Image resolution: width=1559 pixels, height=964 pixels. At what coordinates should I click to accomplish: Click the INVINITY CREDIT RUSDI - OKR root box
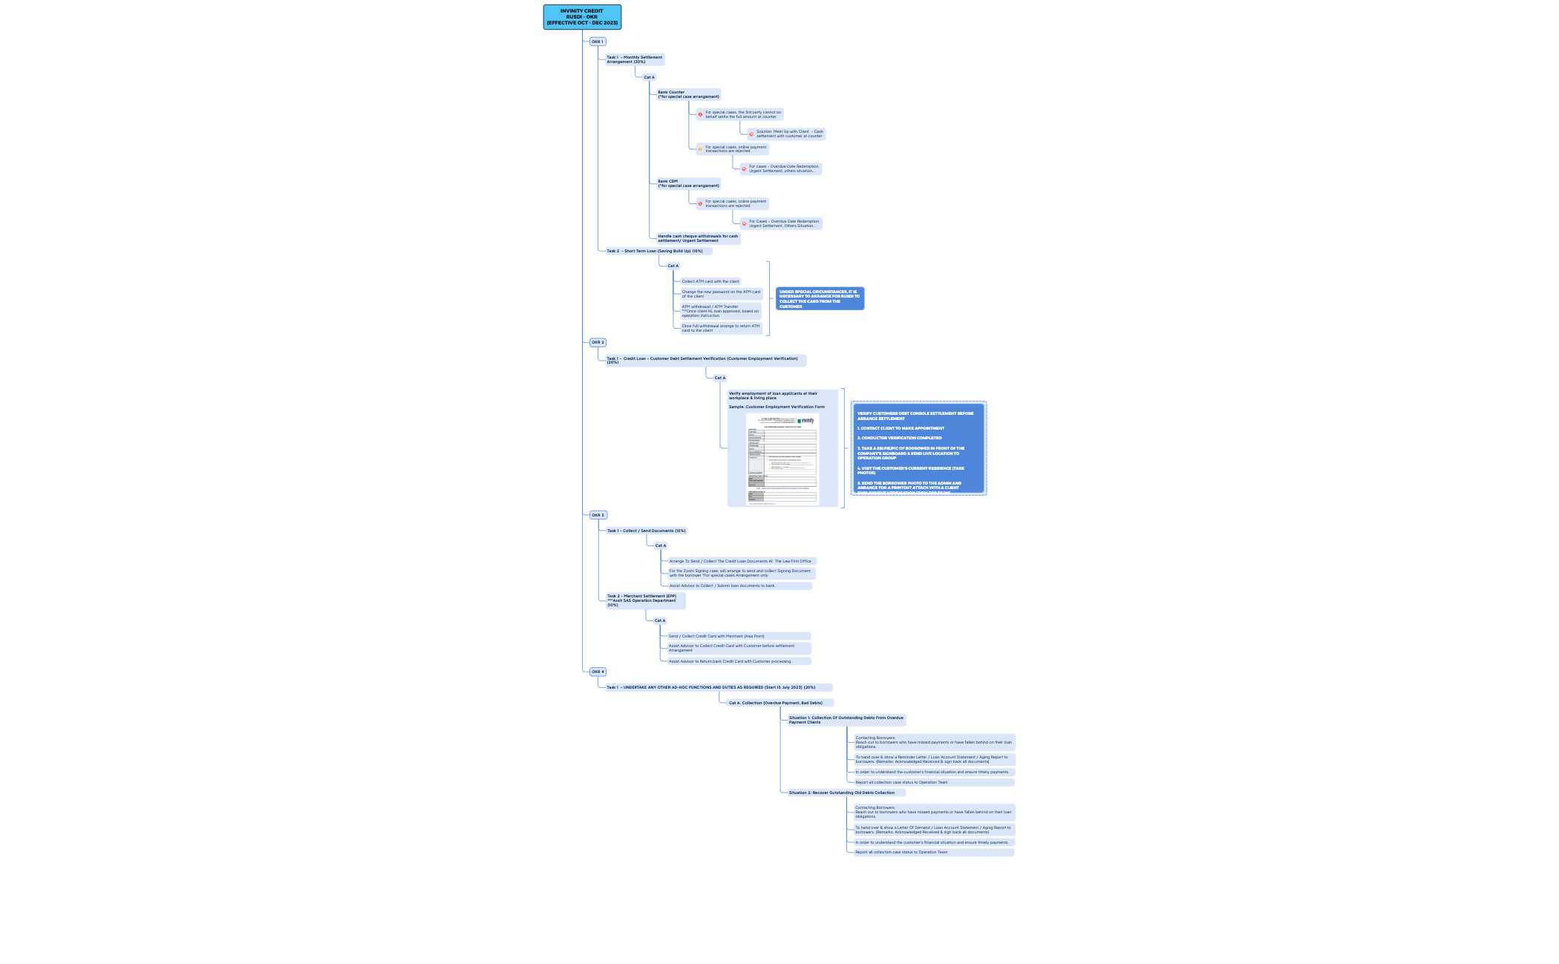[582, 17]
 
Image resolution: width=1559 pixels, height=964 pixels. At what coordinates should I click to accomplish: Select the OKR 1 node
[598, 42]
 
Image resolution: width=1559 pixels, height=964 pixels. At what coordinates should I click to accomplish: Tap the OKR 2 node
[598, 343]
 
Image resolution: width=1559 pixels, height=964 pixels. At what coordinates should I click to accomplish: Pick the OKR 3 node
[598, 515]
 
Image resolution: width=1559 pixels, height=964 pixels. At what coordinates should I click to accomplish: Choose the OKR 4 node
[598, 672]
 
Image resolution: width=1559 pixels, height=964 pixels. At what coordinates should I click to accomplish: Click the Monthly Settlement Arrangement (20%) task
[634, 59]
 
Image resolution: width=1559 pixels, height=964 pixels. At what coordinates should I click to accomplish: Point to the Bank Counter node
[688, 94]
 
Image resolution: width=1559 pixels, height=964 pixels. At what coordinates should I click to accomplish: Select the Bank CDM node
[688, 183]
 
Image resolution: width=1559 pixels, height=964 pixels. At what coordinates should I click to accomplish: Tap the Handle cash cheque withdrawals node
[697, 238]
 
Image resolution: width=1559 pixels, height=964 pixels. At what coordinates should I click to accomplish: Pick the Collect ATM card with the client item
[710, 281]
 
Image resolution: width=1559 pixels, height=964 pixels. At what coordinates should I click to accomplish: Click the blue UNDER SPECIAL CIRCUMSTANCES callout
[820, 298]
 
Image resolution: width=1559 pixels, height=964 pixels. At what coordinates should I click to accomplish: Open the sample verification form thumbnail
[782, 459]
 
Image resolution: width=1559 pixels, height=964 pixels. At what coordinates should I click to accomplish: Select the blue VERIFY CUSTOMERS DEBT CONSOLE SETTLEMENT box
[918, 448]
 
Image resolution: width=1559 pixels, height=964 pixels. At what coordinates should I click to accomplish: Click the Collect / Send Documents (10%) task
[646, 531]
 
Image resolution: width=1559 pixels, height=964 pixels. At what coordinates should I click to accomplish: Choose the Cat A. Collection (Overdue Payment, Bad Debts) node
[779, 703]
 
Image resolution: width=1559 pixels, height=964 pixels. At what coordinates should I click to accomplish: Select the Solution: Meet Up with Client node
[789, 134]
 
